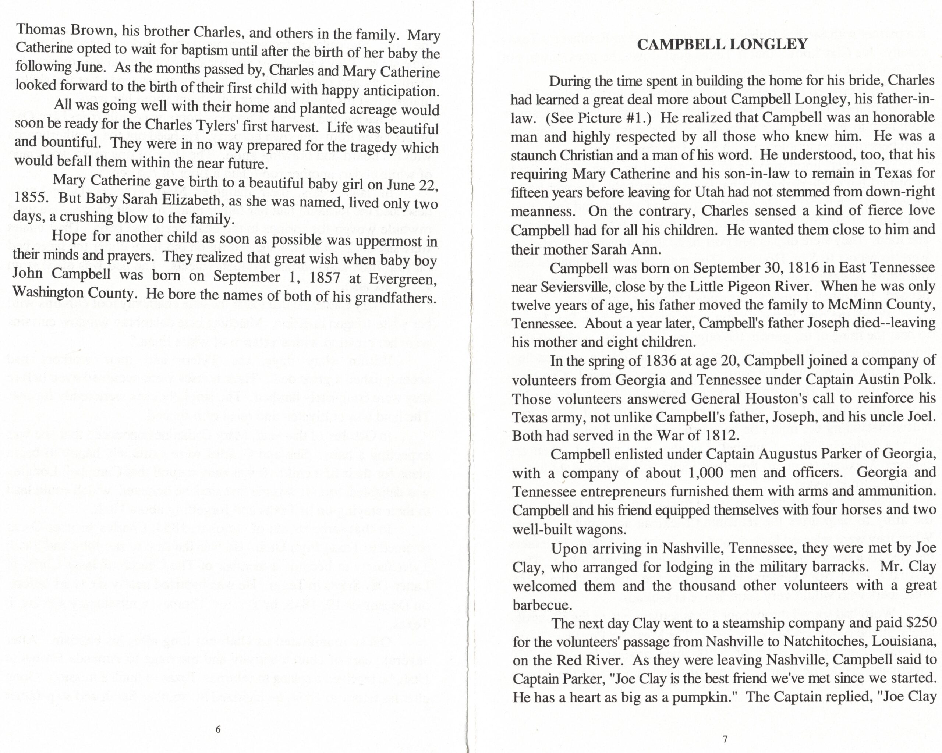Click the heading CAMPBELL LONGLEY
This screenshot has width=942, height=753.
click(x=722, y=45)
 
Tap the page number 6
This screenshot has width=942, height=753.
click(x=218, y=729)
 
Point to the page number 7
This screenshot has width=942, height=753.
click(x=725, y=739)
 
